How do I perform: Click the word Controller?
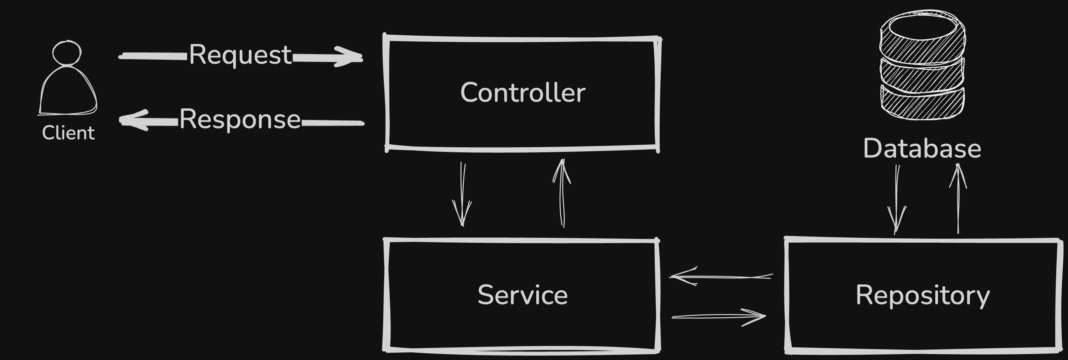coord(522,92)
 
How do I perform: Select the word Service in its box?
coord(522,295)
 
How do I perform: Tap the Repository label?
coord(922,295)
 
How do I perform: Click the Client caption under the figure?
coord(68,133)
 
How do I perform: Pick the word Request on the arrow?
coord(241,54)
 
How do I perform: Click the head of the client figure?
coord(67,53)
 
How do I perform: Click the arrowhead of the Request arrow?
coord(350,57)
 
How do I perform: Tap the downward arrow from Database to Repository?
coord(897,199)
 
